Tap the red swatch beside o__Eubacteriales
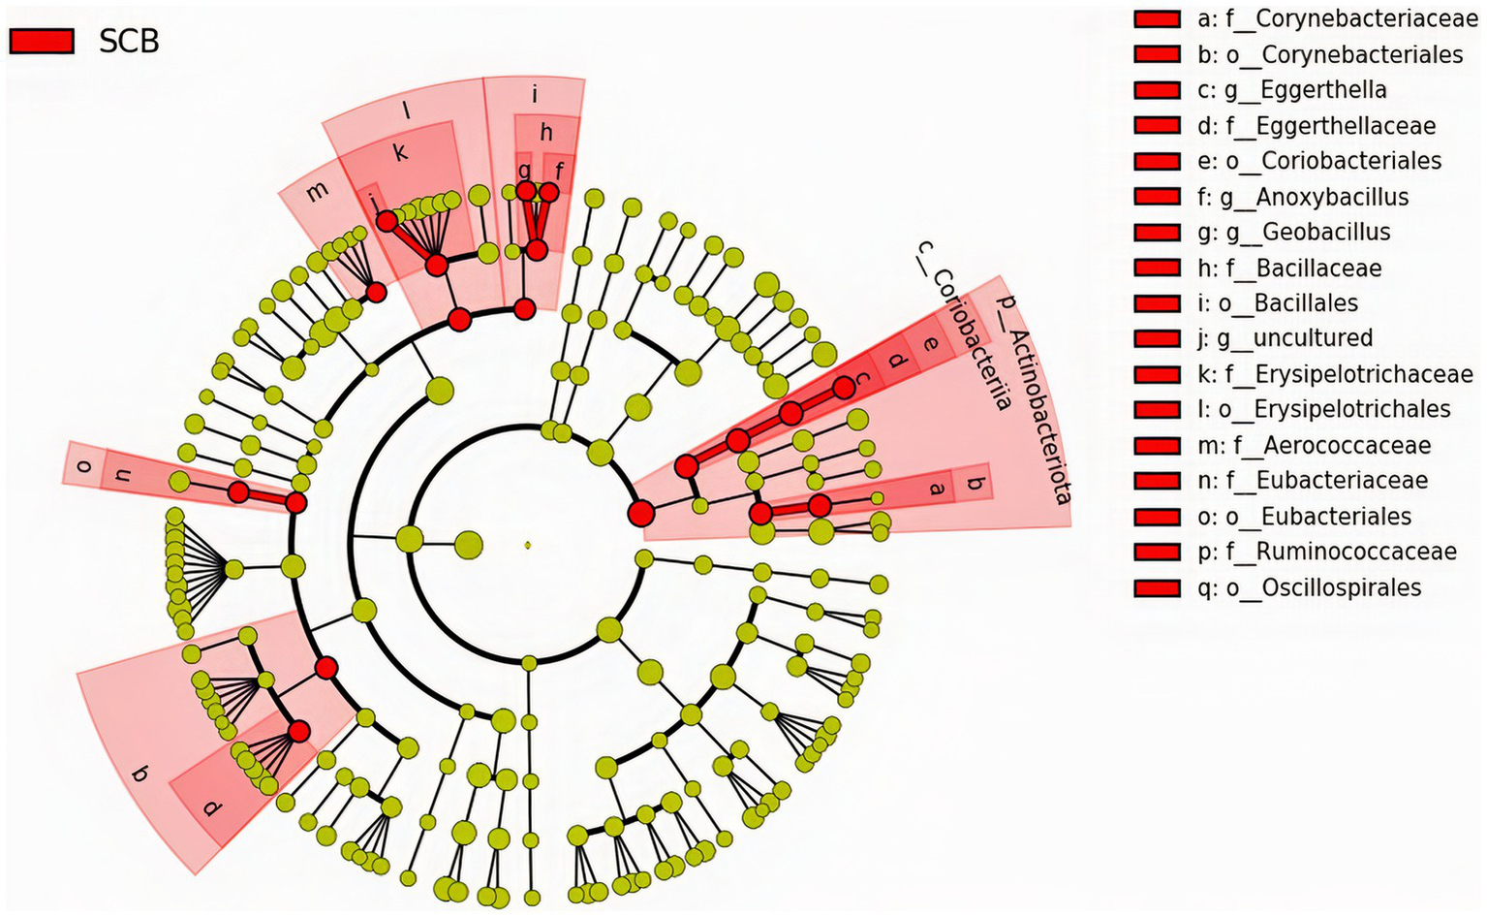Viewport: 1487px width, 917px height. pos(1157,517)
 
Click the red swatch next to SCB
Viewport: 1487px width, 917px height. pos(42,41)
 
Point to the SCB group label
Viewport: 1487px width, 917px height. pos(129,41)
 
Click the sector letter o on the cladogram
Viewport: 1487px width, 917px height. pos(84,466)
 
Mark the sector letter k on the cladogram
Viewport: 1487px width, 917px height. pos(400,151)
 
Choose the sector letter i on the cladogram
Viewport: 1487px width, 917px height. pos(535,95)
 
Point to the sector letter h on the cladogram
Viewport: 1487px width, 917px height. pos(546,133)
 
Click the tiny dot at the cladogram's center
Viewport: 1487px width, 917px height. pos(528,545)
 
